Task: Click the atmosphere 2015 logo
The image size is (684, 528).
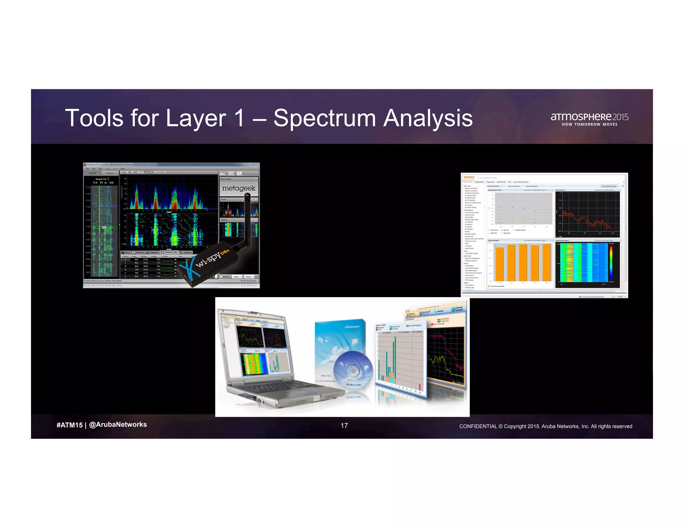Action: click(589, 117)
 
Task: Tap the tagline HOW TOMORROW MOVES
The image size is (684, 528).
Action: click(589, 124)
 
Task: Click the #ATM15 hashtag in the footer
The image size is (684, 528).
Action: click(69, 425)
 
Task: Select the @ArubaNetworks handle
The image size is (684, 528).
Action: click(118, 425)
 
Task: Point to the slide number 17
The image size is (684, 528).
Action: click(344, 426)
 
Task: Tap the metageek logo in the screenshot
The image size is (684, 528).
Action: click(239, 188)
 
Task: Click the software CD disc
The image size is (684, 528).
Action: click(353, 370)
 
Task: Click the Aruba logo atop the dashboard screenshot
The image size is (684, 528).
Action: click(469, 178)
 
